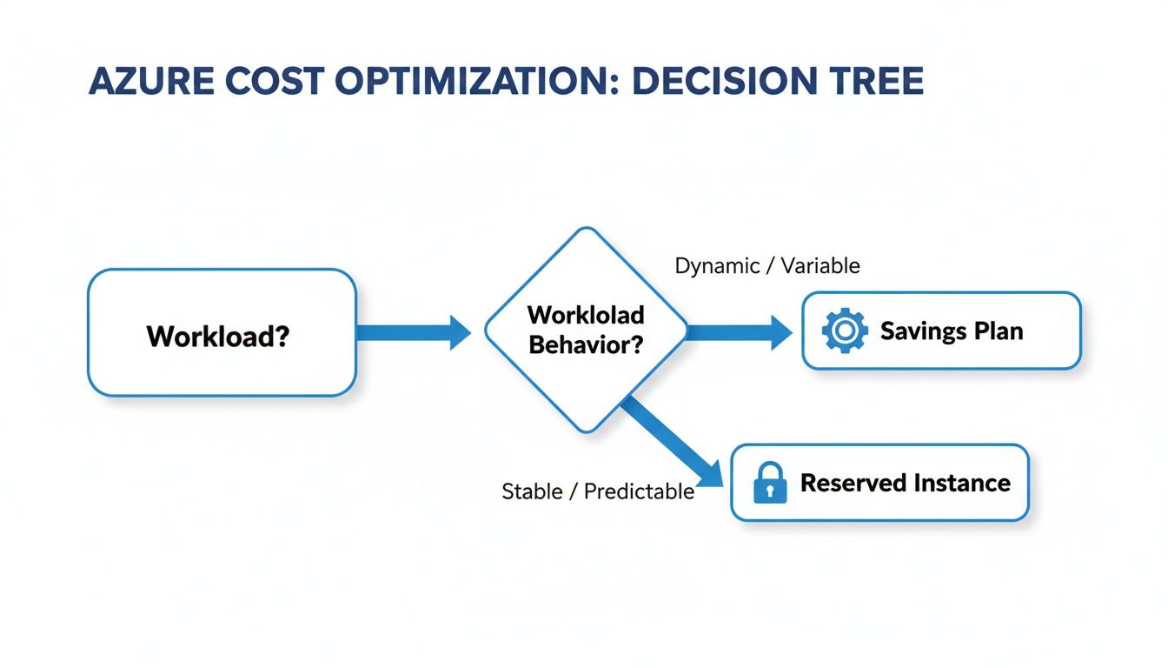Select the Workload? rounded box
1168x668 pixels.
222,333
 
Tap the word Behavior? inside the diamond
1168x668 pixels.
586,345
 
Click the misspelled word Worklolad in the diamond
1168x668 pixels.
586,314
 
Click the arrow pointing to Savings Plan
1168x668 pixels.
739,332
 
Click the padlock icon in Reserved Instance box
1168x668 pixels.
770,484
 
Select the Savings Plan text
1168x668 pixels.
952,331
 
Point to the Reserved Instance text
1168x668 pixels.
905,484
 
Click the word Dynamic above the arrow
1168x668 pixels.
717,266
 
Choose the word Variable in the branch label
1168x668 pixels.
820,266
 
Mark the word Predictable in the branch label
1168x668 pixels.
639,491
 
